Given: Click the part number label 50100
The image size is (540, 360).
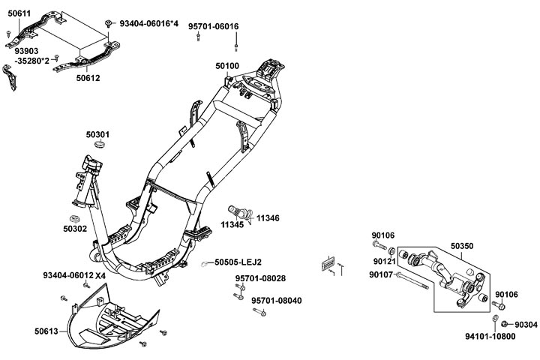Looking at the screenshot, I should pos(227,66).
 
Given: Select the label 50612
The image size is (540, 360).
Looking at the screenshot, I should pos(87,77).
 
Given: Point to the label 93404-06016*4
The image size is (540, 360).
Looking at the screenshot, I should pos(148,24).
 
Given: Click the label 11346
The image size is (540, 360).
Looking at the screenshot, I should pos(268,217).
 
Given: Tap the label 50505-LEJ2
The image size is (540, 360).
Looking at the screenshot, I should pos(238,262).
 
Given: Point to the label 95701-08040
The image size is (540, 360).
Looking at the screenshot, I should pos(276,300).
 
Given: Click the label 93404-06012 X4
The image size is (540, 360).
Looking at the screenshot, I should pos(74,275).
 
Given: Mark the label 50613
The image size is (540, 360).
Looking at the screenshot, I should pos(46,329).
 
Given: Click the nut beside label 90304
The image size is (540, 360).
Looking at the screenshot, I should pos(505,324).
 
